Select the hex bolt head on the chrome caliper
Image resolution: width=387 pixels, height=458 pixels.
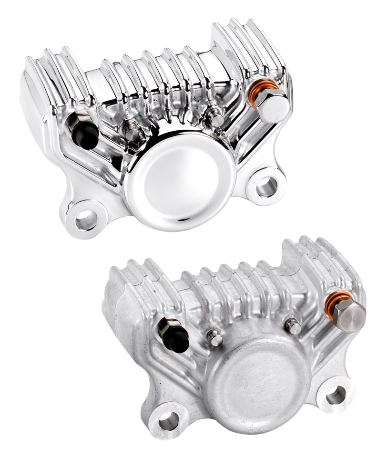276,105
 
